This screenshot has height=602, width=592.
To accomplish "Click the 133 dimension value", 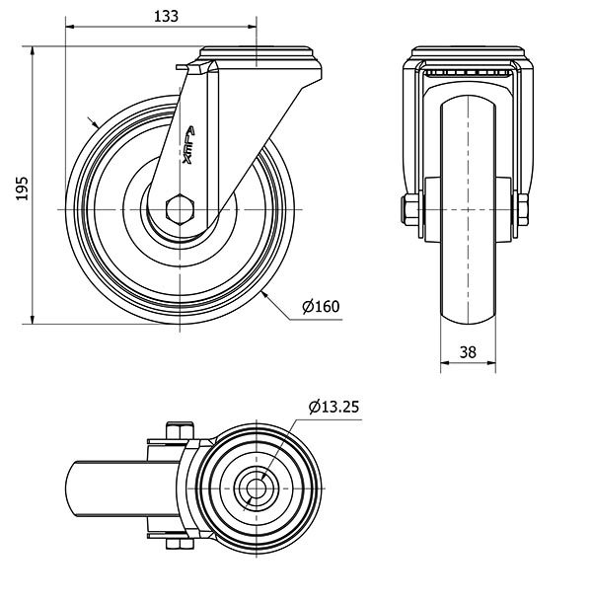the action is (166, 16).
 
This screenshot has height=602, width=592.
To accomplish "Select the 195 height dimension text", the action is (23, 188).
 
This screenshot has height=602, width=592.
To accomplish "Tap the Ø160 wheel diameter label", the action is (321, 306).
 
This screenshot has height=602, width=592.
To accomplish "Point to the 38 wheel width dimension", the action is (468, 351).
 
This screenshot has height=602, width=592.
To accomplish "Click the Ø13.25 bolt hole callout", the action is (334, 407).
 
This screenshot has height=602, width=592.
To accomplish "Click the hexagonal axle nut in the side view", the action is (180, 209).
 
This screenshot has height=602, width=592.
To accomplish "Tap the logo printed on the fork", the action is (188, 145).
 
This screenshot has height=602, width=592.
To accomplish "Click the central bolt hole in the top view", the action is (257, 489).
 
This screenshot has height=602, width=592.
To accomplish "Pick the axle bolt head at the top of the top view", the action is (180, 430).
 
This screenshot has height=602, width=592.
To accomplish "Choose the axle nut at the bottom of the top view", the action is (180, 543).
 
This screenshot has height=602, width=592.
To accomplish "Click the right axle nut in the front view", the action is (523, 209).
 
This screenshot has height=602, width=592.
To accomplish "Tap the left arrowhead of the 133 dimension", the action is (70, 27).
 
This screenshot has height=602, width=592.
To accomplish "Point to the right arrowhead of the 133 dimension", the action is (252, 27).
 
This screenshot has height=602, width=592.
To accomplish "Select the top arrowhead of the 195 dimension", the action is (33, 51).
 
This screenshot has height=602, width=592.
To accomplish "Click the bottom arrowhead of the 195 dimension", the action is (33, 319).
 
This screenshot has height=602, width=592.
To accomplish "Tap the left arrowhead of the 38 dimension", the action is (445, 362).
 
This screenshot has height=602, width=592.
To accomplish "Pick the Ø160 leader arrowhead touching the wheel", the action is (264, 295).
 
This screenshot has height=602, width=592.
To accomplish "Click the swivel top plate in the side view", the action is (257, 53).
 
